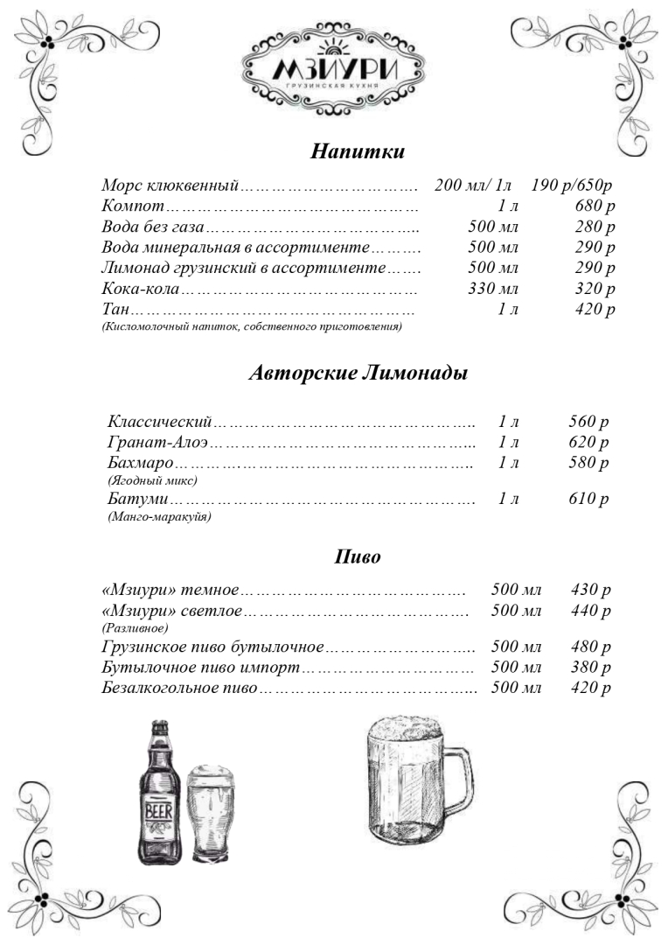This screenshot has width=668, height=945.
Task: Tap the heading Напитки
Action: tap(358, 151)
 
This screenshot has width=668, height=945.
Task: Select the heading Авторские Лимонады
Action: tap(358, 374)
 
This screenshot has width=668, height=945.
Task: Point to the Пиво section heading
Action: tap(358, 557)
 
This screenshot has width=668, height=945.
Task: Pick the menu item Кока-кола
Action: tap(141, 289)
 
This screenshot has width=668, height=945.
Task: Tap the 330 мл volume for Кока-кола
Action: tap(493, 289)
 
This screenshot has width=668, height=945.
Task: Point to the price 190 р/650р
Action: tap(571, 185)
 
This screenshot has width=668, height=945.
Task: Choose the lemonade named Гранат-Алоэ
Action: tap(158, 443)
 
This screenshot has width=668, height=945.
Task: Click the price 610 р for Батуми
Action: tap(588, 500)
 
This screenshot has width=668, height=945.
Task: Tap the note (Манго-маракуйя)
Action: tap(159, 517)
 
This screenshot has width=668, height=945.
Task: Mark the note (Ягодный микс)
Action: tap(152, 480)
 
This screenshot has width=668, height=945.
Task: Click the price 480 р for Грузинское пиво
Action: tap(590, 647)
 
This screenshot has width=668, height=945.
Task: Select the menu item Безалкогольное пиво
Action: tap(178, 688)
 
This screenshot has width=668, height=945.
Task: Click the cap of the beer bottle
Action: tap(160, 725)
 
